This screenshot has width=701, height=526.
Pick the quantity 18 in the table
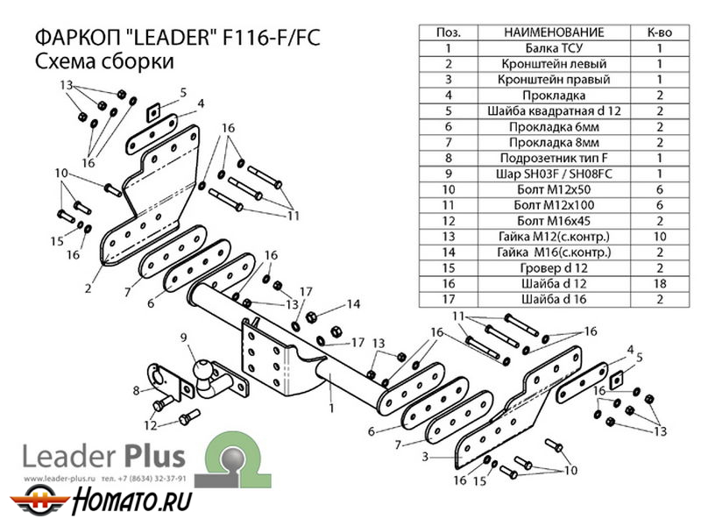[659, 282]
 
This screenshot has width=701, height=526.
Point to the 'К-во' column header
[659, 32]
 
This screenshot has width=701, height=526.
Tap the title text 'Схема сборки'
[103, 62]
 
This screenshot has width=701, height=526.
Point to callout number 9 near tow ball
[183, 337]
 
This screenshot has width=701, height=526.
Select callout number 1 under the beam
[331, 407]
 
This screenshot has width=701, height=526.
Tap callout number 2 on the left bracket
[88, 286]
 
